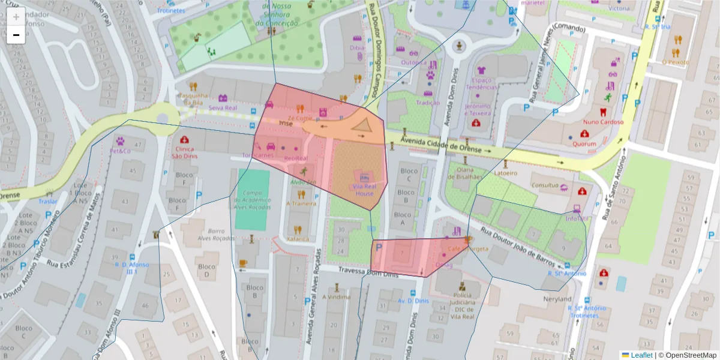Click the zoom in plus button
tap(16, 16)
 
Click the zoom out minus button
tap(16, 35)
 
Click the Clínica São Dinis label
tap(185, 152)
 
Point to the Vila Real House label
tap(364, 190)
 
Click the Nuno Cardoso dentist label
tap(603, 122)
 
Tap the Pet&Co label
tap(120, 151)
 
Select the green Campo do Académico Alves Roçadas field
tap(253, 199)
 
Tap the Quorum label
tap(584, 143)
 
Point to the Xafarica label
tap(298, 238)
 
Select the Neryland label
tap(557, 299)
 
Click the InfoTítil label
tap(577, 218)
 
